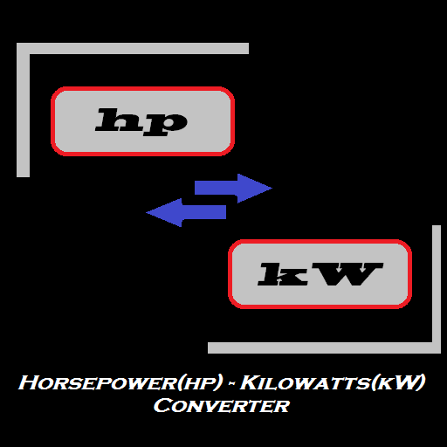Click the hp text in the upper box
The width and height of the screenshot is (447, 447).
(141, 122)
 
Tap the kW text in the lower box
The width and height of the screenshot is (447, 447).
(320, 274)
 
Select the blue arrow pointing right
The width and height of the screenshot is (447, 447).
(233, 189)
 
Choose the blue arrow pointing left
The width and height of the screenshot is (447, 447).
(186, 212)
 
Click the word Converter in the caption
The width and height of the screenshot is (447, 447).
(222, 405)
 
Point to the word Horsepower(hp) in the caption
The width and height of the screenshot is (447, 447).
(120, 382)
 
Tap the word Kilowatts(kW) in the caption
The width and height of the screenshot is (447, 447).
(333, 382)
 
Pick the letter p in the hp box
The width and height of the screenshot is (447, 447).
(165, 125)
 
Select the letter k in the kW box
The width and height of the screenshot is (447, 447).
(283, 274)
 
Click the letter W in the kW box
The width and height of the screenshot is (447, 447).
(347, 274)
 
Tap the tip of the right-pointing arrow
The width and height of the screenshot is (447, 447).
(272, 189)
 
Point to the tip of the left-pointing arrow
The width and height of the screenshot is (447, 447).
(146, 212)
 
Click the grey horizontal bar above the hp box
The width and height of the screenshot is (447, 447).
(133, 48)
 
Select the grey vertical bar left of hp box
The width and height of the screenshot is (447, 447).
(23, 110)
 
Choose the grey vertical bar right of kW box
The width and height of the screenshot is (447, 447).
(437, 289)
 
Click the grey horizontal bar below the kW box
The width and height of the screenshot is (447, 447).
(324, 348)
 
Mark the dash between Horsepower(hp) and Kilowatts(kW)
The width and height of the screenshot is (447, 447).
(231, 383)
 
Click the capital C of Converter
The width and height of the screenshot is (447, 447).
(162, 405)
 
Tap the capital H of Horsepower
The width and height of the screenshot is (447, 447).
(28, 382)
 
